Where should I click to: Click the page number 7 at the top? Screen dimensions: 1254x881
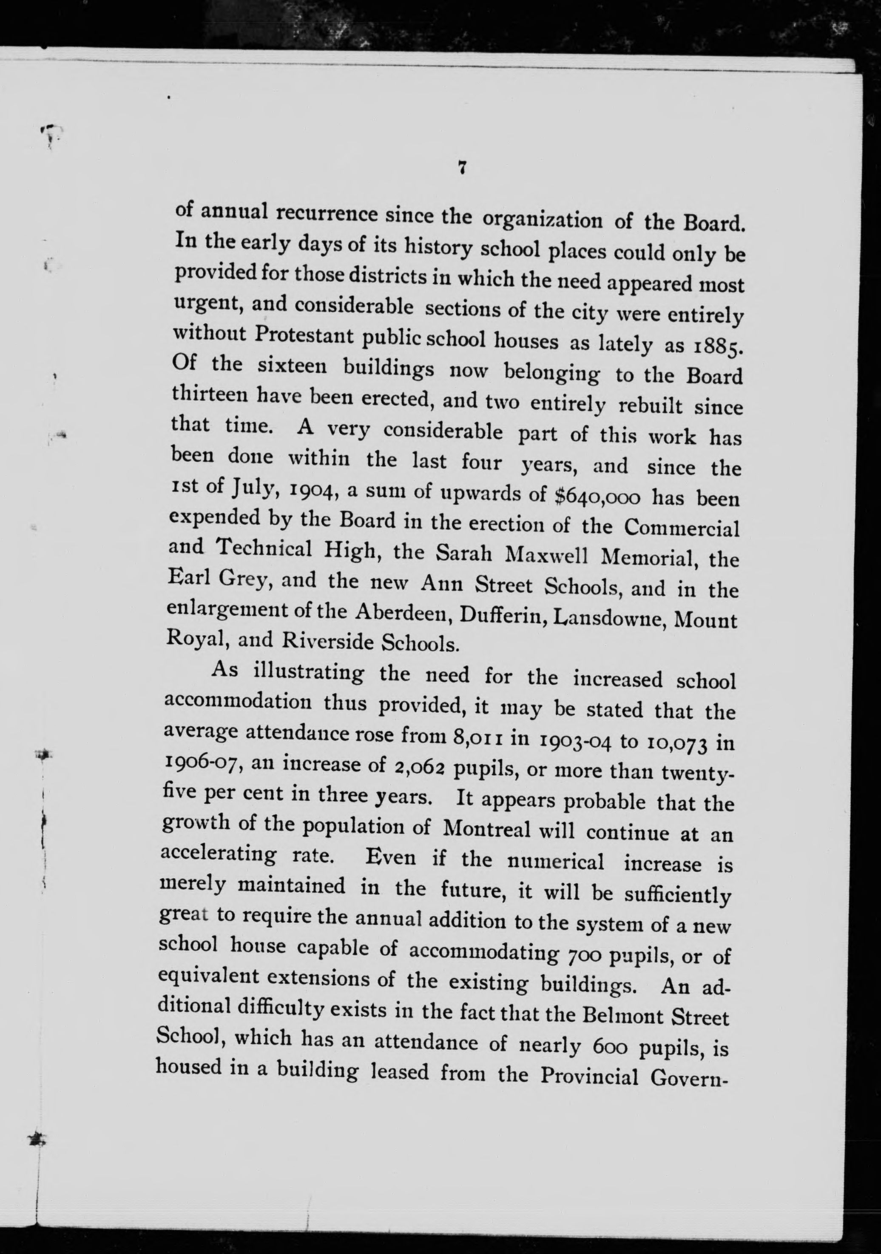462,168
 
